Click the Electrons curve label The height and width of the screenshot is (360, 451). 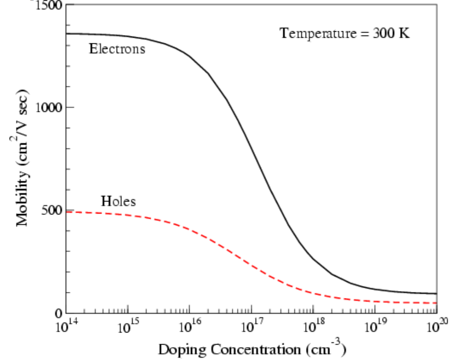click(x=117, y=48)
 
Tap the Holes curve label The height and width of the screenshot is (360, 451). click(x=118, y=201)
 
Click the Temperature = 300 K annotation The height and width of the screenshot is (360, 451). click(x=345, y=34)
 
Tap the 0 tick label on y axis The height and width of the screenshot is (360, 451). click(x=58, y=313)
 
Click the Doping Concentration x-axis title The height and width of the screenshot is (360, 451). click(x=252, y=349)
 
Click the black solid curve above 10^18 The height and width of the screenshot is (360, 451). click(x=313, y=259)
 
